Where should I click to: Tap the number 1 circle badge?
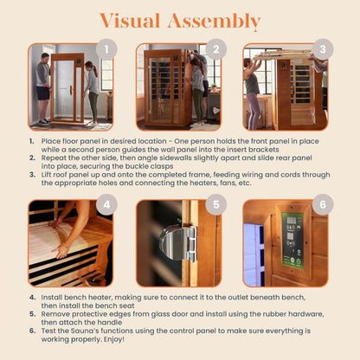click(x=106, y=50)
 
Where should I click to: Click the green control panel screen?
click(x=293, y=240)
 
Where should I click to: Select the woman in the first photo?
click(x=92, y=91)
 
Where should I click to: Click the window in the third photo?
click(x=256, y=71)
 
